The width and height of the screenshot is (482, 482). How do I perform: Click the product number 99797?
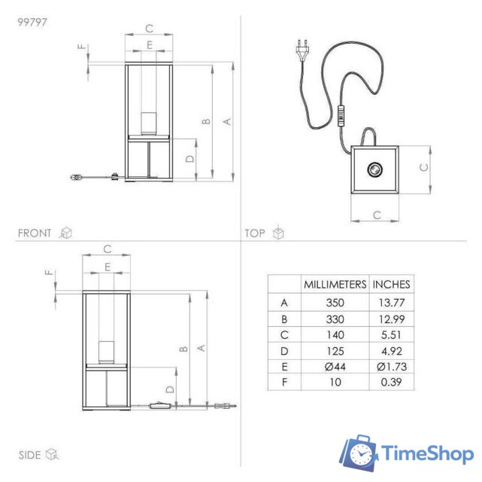pos(32,22)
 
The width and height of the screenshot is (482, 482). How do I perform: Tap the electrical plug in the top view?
pos(302,49)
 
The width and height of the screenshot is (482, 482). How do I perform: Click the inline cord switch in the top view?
pos(341,115)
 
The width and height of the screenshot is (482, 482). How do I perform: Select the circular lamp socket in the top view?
pos(375,169)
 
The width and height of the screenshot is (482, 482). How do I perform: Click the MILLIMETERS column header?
pos(335,285)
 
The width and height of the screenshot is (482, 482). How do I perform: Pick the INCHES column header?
pos(391,285)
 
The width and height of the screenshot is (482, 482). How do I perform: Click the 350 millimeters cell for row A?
pos(335,303)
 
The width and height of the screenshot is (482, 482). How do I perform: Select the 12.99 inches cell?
pos(391,319)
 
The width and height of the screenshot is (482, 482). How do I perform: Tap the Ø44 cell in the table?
pos(335,367)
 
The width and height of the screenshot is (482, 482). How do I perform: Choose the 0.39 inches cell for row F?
pos(391,382)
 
